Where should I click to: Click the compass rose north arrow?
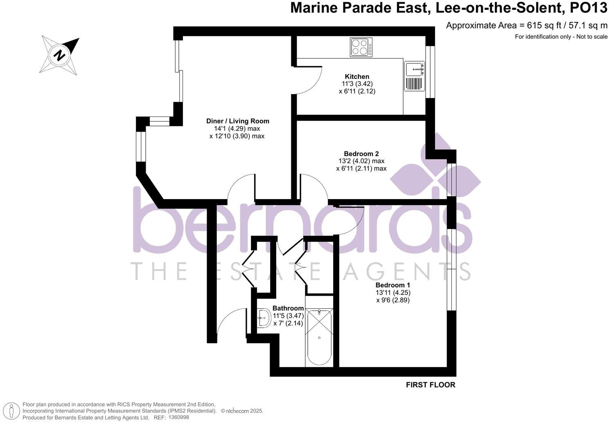[x=60, y=55]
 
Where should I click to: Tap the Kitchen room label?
[x=357, y=76]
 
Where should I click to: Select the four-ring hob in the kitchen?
[x=361, y=47]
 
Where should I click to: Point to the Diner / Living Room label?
[x=237, y=121]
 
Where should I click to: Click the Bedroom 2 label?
[x=361, y=154]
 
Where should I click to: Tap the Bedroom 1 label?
[x=393, y=285]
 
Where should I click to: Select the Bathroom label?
[x=288, y=308]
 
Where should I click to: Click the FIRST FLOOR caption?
[x=430, y=385]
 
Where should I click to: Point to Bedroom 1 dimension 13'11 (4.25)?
[x=393, y=292]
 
